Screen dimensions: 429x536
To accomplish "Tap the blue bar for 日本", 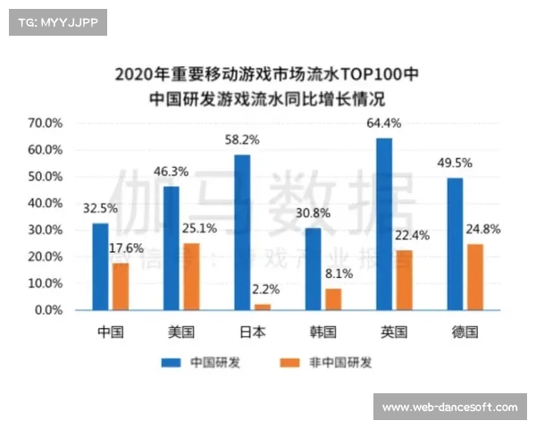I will [x=242, y=232].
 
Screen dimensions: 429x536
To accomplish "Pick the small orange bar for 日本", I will [x=262, y=307].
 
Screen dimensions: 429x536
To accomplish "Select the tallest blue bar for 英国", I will [x=384, y=223].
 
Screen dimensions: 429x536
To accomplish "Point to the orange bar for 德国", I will [x=474, y=277].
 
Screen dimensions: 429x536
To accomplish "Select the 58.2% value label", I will [x=241, y=139].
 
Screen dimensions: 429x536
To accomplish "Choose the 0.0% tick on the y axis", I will [x=47, y=310].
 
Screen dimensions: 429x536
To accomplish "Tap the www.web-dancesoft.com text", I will [x=449, y=408].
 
